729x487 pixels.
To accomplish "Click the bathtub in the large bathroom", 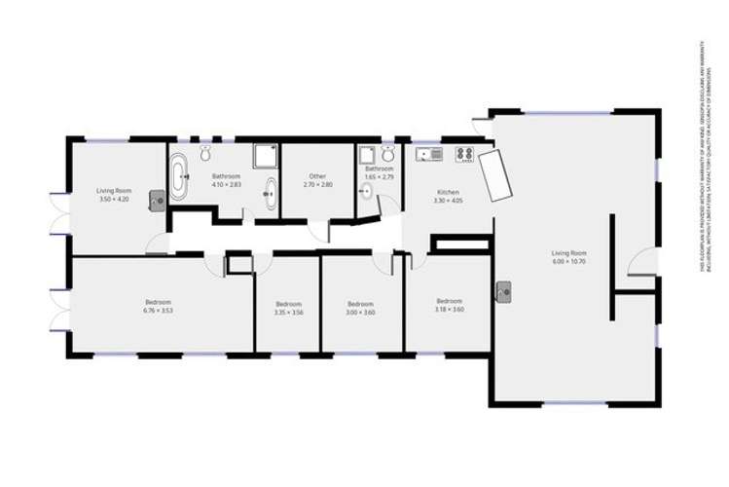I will pyautogui.click(x=179, y=181).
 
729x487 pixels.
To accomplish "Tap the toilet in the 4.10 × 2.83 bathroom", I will pyautogui.click(x=205, y=154).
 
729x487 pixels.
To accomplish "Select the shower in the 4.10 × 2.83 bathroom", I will pyautogui.click(x=265, y=156).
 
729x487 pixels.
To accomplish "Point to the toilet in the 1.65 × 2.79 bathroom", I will pyautogui.click(x=366, y=191).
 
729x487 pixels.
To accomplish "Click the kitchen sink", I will pyautogui.click(x=429, y=154).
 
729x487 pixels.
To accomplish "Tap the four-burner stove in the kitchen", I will pyautogui.click(x=463, y=154).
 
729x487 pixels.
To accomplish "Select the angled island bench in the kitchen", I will pyautogui.click(x=495, y=175).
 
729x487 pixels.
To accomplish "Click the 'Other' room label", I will pyautogui.click(x=317, y=176).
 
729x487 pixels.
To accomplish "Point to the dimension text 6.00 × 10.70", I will pyautogui.click(x=570, y=262).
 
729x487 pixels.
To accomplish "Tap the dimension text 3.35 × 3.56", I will pyautogui.click(x=288, y=313).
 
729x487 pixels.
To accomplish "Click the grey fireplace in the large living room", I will pyautogui.click(x=503, y=292).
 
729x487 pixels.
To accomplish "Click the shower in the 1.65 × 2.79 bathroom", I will pyautogui.click(x=368, y=155).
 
